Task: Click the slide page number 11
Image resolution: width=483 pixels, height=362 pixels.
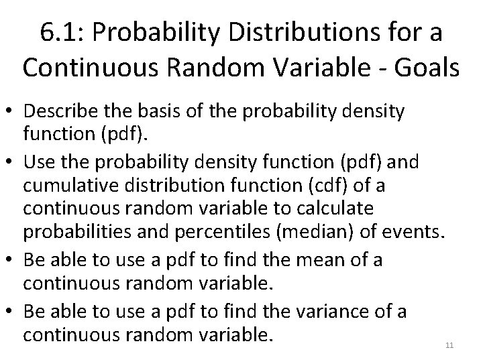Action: coord(449,345)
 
